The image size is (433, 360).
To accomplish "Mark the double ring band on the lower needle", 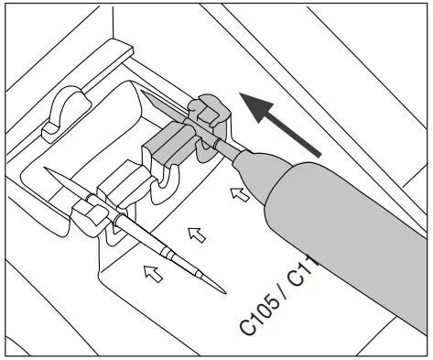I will click(168, 248).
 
